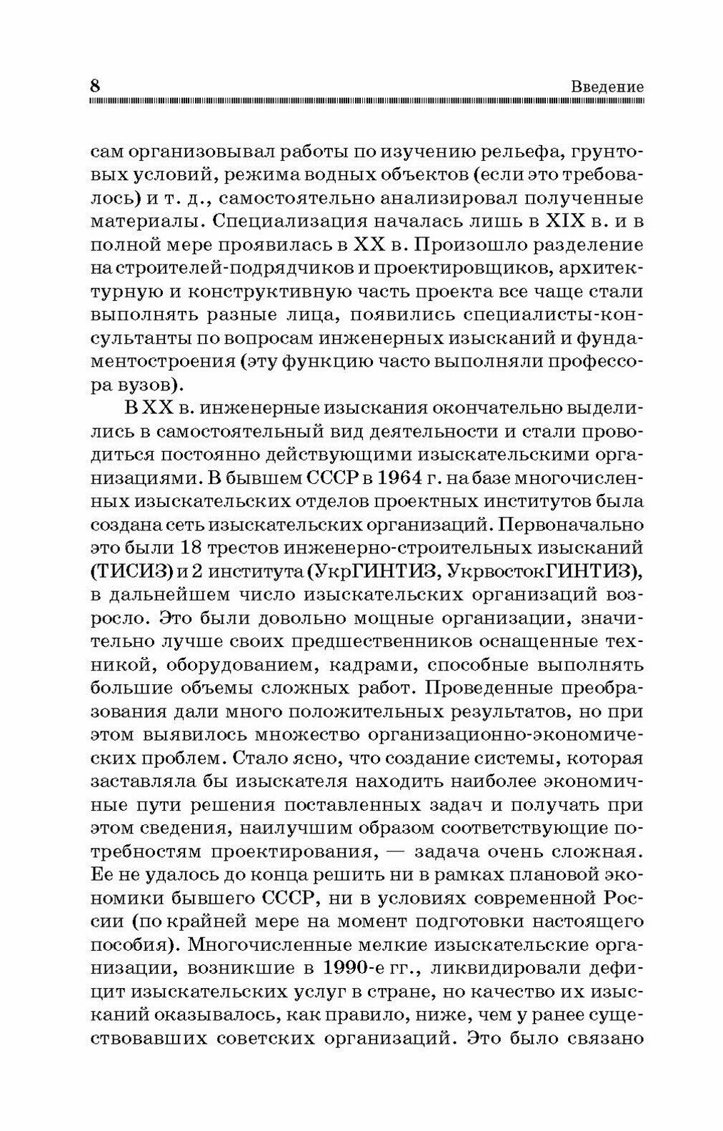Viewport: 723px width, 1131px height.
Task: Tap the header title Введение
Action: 607,87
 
